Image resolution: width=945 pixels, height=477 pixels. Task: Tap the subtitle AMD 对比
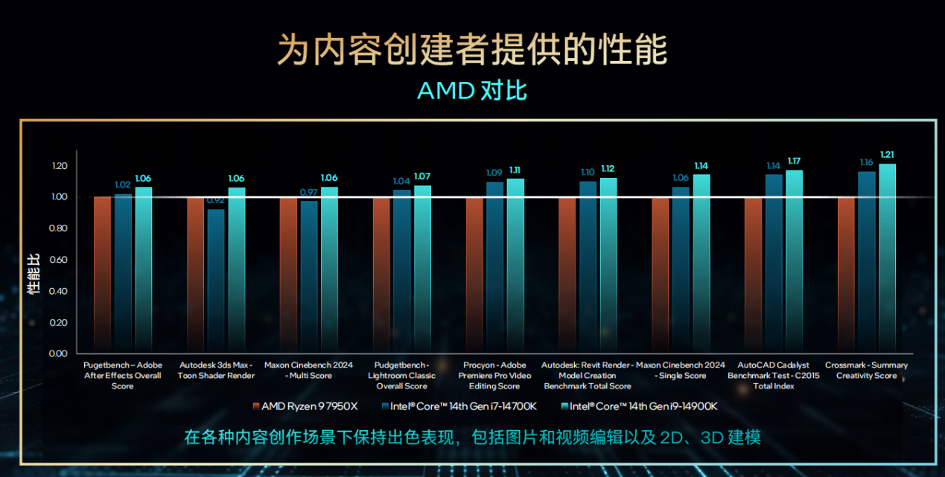(472, 91)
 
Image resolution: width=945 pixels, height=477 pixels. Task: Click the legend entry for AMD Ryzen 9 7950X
(305, 406)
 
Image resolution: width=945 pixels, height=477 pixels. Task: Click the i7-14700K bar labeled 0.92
(216, 280)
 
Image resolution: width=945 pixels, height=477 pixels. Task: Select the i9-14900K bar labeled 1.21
(887, 257)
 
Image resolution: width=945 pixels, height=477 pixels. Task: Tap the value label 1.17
(795, 161)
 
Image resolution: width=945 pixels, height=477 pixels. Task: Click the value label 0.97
(309, 192)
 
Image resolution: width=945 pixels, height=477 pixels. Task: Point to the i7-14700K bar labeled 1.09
(494, 266)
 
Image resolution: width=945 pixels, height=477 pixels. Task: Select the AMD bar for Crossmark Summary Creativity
(846, 274)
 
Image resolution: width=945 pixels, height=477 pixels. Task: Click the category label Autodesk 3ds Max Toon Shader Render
(216, 371)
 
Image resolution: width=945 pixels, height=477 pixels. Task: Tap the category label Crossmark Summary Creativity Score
(866, 371)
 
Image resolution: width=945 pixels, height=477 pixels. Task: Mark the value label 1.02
(123, 185)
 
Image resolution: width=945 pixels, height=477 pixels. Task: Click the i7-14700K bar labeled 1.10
(588, 266)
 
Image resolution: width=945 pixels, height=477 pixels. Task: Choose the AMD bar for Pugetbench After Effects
(102, 274)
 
